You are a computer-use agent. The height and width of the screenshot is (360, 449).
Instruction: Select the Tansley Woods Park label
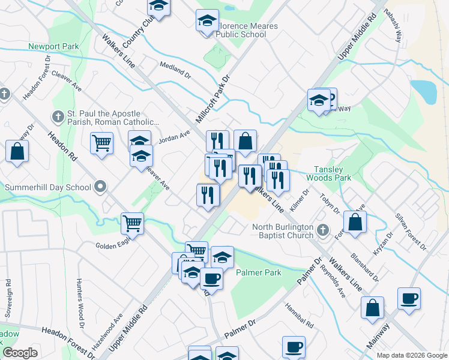point(328,173)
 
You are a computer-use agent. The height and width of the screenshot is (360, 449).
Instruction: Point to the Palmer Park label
point(259,272)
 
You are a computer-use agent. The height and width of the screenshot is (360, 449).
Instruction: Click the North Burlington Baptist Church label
point(283,231)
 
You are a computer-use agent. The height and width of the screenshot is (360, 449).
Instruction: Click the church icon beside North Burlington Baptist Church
point(323,230)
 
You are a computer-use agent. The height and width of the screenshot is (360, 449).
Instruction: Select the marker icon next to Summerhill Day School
point(101,187)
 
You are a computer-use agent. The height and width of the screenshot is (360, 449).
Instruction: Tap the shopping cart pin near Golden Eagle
point(132,224)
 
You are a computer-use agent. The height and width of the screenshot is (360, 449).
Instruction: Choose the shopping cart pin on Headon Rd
point(101,143)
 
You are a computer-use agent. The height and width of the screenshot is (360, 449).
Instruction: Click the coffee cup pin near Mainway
point(409,298)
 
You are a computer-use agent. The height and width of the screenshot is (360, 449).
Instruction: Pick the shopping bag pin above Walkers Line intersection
point(245,142)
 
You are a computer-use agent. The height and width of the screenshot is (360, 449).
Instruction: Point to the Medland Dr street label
point(175,69)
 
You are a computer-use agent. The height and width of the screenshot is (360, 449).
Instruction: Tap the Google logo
point(20,353)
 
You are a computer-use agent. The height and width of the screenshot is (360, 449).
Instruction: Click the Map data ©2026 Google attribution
point(411,355)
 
